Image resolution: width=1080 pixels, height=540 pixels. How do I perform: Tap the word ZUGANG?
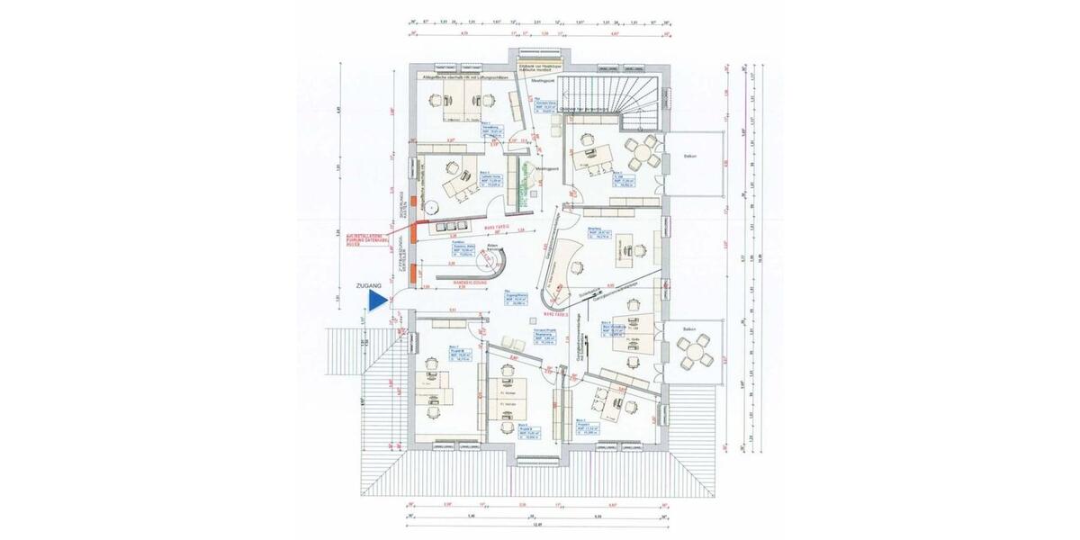click(x=370, y=284)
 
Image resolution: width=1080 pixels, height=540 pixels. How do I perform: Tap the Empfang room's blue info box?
click(x=598, y=238)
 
